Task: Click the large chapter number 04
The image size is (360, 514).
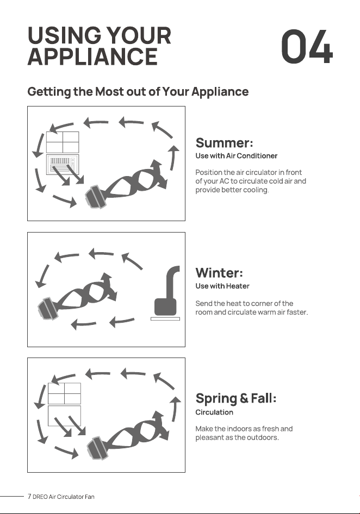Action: [307, 47]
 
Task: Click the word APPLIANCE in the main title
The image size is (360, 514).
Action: [92, 57]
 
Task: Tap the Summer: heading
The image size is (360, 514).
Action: [224, 143]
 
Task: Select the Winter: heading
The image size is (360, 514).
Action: [219, 273]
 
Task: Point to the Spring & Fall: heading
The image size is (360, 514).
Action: [236, 399]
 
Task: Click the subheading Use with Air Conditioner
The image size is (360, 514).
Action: [236, 156]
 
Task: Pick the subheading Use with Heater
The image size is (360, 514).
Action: [222, 286]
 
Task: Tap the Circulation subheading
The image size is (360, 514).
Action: [214, 412]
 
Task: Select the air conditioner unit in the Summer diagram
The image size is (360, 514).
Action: [63, 164]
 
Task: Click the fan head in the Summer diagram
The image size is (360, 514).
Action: [95, 197]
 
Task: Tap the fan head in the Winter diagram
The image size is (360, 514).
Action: [48, 309]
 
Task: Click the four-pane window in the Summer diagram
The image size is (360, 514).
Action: [63, 142]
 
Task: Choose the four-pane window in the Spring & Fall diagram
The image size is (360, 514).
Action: [64, 393]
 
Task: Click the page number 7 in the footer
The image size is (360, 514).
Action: [29, 496]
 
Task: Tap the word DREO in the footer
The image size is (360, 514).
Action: [40, 497]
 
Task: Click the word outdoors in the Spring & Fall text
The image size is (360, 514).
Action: [262, 437]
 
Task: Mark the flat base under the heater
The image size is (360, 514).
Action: [165, 318]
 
